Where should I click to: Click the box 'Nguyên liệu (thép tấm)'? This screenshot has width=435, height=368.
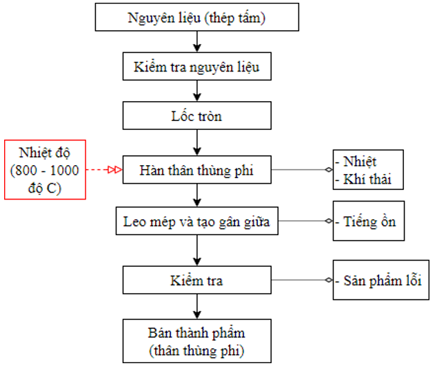(x=197, y=17)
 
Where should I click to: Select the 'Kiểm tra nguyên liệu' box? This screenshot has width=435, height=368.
(x=197, y=67)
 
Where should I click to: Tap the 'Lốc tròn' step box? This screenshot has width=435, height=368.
(x=197, y=116)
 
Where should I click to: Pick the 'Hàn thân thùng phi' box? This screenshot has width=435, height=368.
(x=197, y=170)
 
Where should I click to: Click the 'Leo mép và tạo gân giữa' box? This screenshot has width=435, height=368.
(x=197, y=221)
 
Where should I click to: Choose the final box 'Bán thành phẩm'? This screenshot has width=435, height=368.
(x=197, y=341)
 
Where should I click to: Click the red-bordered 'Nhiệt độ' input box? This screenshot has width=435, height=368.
(x=45, y=170)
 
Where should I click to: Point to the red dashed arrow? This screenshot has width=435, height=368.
(x=104, y=169)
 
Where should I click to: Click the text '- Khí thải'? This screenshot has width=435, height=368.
(x=363, y=179)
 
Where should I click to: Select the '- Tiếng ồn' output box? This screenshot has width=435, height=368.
(x=369, y=221)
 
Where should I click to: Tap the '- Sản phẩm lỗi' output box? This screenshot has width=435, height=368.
(x=381, y=280)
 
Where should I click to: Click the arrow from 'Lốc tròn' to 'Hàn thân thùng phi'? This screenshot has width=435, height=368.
(x=197, y=142)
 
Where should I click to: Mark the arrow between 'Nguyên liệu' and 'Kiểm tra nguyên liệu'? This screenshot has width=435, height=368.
(x=197, y=41)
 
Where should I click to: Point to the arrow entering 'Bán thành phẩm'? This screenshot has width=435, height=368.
(x=197, y=307)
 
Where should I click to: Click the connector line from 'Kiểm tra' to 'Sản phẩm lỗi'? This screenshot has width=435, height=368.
(x=302, y=280)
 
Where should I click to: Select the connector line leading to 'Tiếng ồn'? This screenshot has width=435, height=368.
(x=305, y=221)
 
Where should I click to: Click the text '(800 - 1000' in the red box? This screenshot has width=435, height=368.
(x=45, y=171)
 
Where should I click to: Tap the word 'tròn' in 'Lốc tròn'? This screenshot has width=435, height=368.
(x=210, y=116)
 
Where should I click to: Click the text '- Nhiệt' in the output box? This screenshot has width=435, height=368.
(x=356, y=162)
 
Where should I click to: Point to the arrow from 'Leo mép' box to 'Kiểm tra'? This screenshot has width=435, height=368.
(x=197, y=250)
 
